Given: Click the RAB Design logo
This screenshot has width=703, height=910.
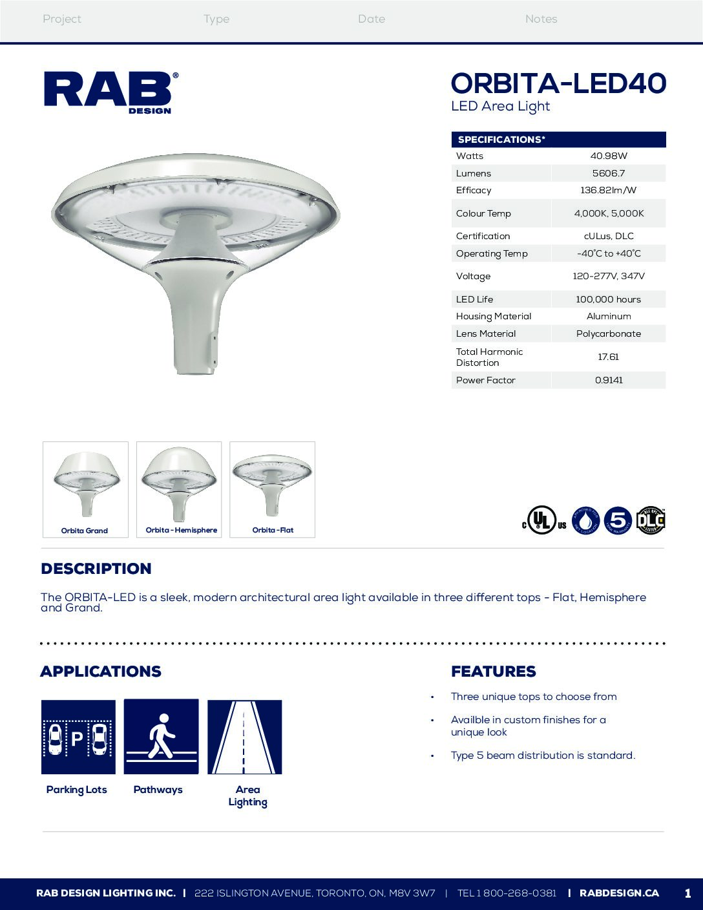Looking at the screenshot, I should [110, 92].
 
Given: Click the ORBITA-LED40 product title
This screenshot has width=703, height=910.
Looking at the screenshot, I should [558, 83].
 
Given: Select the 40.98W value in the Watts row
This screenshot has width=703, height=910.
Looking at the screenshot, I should [609, 156].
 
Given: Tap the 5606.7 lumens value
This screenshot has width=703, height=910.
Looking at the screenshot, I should [609, 173].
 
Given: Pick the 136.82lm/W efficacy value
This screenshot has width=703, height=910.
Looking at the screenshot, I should [609, 190].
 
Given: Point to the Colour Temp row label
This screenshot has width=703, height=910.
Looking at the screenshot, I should [483, 213].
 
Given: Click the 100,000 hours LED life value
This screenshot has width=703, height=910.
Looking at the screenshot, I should [609, 299].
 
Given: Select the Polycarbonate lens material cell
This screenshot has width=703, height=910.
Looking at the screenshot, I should [609, 333].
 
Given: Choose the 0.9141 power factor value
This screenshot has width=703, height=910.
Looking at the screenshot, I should [609, 380].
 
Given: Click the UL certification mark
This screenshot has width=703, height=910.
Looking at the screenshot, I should [543, 521].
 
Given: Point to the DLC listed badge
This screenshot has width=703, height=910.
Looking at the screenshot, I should [651, 521].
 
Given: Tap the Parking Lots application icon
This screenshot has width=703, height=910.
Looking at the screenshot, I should [78, 737].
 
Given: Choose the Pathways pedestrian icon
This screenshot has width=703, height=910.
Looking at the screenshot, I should [161, 737].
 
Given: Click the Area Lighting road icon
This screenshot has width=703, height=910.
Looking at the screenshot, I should [244, 737].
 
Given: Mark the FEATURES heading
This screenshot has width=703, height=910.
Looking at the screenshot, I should [494, 672].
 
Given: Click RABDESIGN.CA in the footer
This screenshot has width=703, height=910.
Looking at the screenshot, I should [619, 893].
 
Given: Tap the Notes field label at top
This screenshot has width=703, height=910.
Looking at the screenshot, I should [541, 19].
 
